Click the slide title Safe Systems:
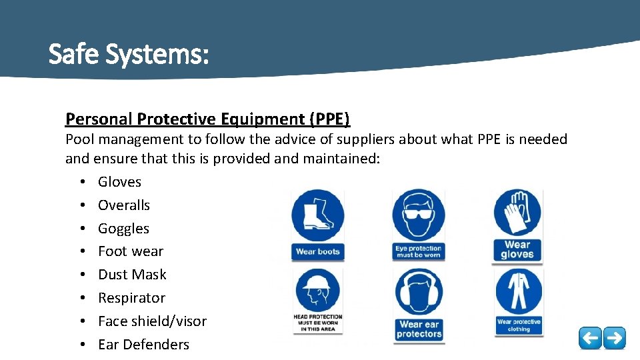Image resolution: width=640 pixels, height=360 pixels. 129,54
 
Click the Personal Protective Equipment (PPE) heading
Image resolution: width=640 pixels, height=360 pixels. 207,119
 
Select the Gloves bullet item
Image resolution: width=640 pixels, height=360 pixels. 119,181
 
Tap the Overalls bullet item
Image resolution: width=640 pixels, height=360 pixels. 124,205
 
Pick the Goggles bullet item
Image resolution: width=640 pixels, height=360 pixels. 123,228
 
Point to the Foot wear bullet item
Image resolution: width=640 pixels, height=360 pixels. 130,251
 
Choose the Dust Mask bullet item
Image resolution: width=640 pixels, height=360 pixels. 132,275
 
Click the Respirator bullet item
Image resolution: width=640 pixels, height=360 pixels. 131,298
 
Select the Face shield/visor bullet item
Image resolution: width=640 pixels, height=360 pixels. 152,321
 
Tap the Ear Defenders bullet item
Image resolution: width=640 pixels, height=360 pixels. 143,345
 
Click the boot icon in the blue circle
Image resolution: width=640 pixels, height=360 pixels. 318,216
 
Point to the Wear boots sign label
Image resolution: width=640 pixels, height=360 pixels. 317,252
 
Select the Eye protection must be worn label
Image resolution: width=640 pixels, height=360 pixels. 418,251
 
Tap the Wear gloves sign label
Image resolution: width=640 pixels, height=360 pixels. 517,249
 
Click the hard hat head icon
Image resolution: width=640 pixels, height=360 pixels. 317,291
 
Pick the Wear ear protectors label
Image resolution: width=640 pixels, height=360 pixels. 418,329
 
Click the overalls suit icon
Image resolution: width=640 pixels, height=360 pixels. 518,292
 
